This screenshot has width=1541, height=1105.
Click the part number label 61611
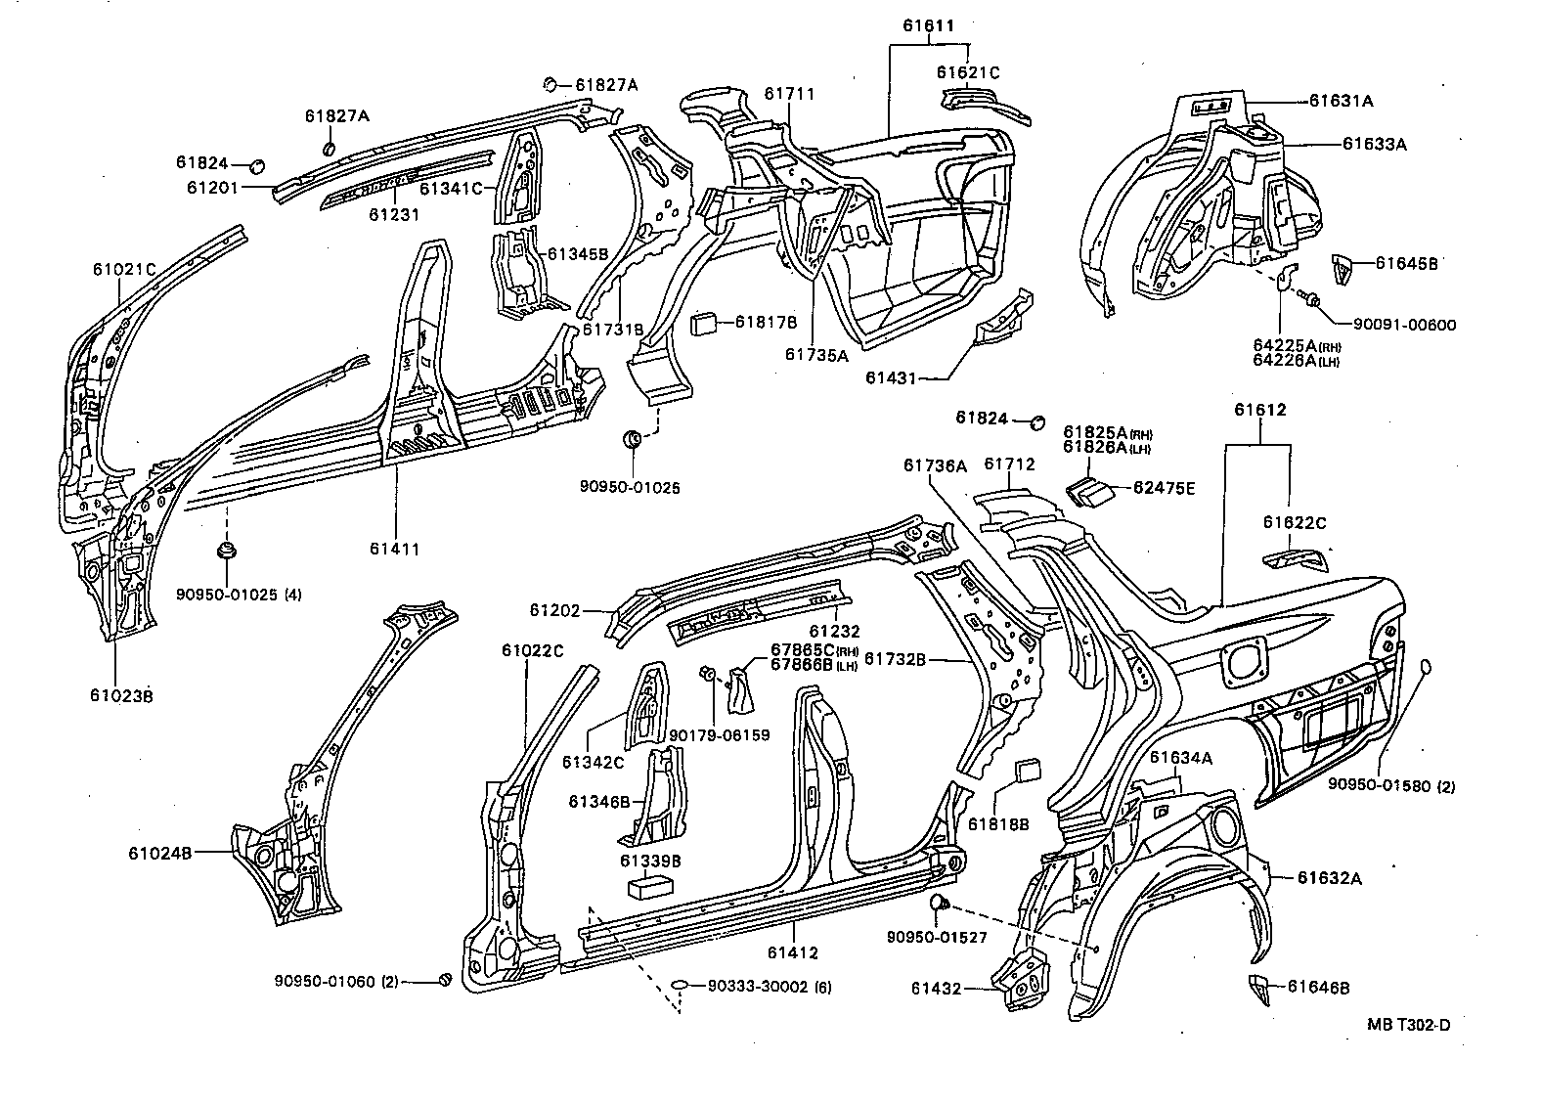(927, 26)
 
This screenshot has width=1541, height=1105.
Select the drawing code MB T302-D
(1408, 1025)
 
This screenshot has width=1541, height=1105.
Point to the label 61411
(395, 549)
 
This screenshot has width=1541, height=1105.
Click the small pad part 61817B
(706, 323)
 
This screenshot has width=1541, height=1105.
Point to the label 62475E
(1164, 488)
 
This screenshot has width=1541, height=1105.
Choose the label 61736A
(935, 466)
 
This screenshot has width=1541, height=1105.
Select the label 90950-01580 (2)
(1390, 785)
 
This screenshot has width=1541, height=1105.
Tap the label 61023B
(121, 696)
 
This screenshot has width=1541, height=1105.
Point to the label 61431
(890, 378)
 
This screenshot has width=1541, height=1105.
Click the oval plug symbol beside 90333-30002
(683, 987)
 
